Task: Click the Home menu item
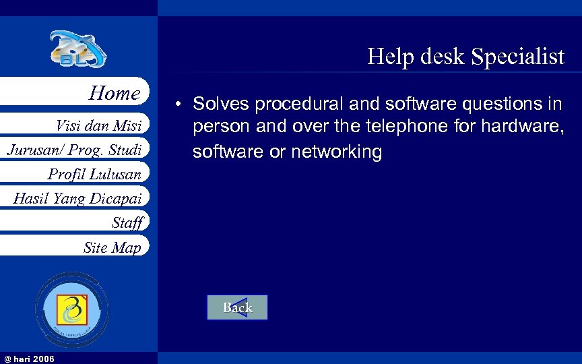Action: tap(115, 93)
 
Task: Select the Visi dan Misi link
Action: tap(98, 125)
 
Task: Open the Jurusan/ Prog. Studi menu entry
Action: tap(74, 150)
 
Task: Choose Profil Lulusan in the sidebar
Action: tap(94, 174)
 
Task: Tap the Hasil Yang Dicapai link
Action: tap(77, 198)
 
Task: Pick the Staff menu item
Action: tap(127, 222)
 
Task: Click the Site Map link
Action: tap(112, 247)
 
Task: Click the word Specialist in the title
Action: tap(518, 57)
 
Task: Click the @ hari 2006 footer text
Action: tap(29, 358)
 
